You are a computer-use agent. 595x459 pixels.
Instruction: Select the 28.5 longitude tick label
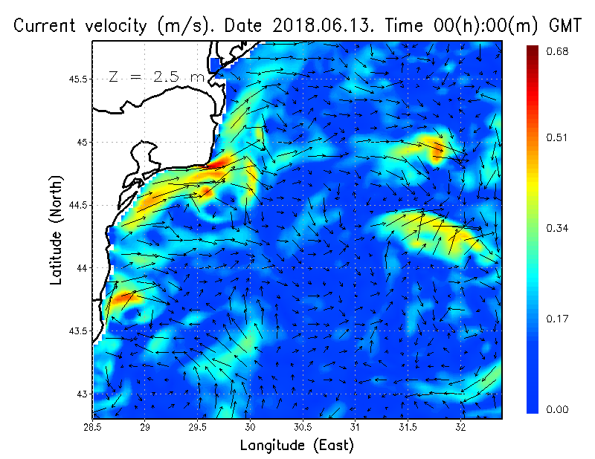tap(92, 427)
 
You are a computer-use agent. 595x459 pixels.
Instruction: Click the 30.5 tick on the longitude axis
tap(303, 427)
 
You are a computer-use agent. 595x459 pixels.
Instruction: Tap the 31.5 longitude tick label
tap(408, 427)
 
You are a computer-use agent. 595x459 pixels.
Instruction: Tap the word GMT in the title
tap(565, 25)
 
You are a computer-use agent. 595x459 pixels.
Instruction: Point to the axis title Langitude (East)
tap(297, 446)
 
